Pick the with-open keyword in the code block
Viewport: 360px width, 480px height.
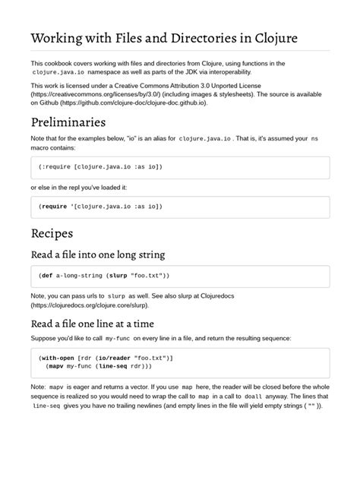point(61,356)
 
